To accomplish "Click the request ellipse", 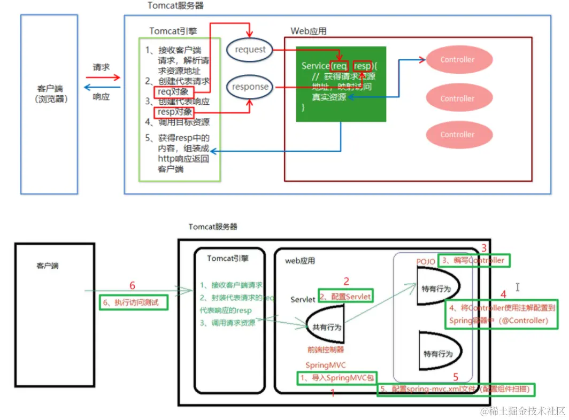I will (250, 50).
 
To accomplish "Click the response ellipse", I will (250, 87).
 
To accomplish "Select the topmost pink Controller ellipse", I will (457, 60).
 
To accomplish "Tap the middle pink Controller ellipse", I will (457, 98).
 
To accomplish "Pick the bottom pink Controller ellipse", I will (457, 135).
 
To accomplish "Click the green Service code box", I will (341, 84).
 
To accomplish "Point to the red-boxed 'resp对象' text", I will (173, 112).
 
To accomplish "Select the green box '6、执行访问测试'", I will (133, 302).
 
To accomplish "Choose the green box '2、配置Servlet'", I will (345, 295).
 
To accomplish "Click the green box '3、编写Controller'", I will (474, 260).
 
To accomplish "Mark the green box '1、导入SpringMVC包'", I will (337, 378).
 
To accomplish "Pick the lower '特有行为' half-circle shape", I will (437, 353).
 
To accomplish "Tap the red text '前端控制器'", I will (325, 349).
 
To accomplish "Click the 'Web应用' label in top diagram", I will (309, 31).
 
